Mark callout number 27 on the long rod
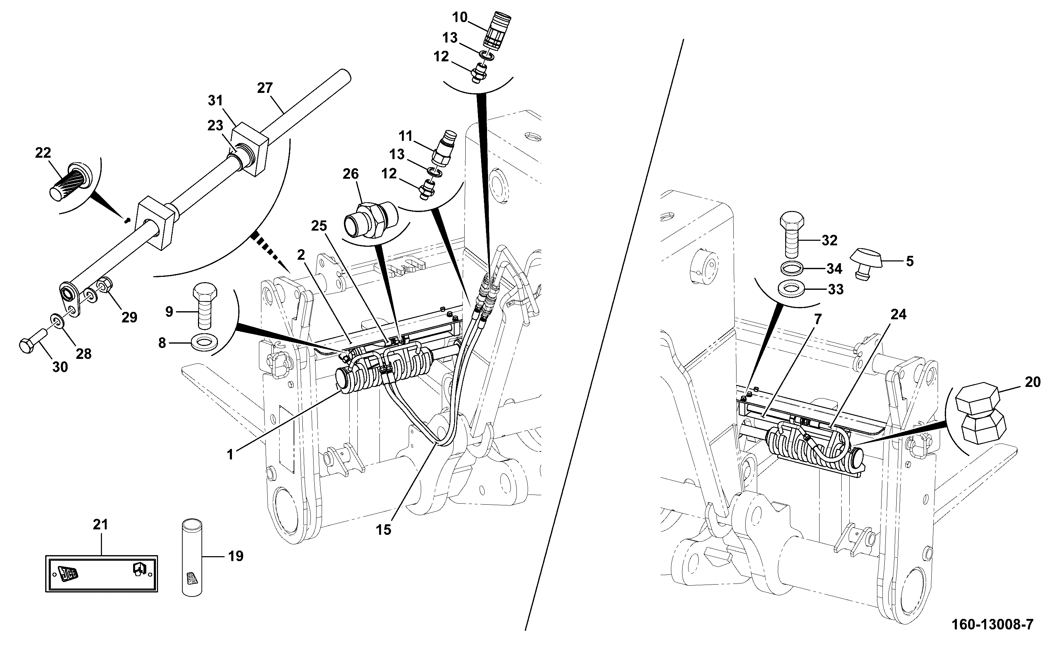pos(265,88)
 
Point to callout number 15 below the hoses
pos(383,530)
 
